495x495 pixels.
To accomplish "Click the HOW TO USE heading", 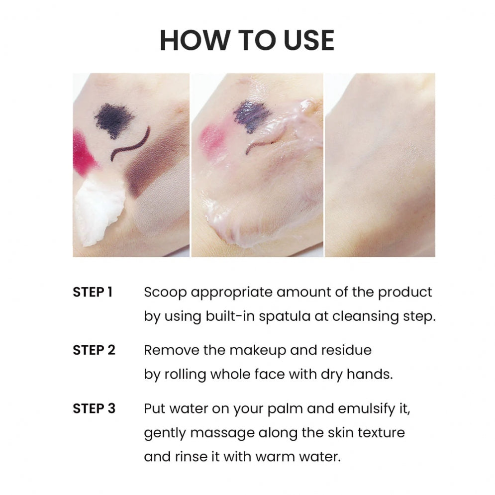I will click(x=247, y=40).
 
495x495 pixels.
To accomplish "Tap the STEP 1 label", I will click(x=93, y=292).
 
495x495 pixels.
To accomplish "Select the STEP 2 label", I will click(x=94, y=350).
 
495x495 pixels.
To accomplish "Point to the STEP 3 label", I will click(x=94, y=408).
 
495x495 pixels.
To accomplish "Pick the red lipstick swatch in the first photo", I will click(x=85, y=152).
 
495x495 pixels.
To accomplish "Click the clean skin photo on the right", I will click(x=380, y=165).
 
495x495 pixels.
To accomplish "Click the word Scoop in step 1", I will click(x=165, y=293).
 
